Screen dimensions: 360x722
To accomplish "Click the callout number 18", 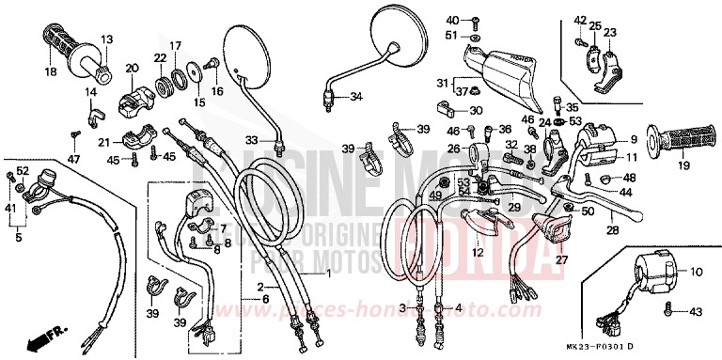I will (50, 71).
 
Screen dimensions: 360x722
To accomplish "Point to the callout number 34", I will (355, 97).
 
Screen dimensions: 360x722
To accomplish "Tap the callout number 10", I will (698, 272).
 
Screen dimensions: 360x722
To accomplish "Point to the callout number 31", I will (443, 82).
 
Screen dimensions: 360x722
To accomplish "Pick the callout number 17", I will (175, 45).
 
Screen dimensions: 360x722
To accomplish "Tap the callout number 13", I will (106, 39).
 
